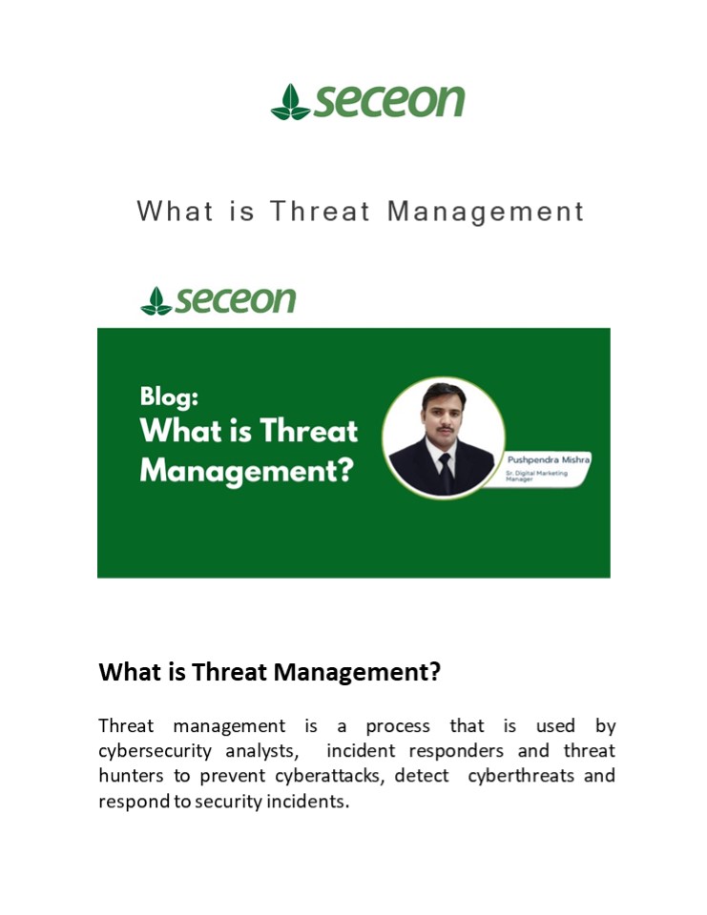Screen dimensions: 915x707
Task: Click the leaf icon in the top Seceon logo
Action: pyautogui.click(x=290, y=102)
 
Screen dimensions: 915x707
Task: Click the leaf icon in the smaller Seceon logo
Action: pyautogui.click(x=156, y=301)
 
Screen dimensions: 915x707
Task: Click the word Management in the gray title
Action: pyautogui.click(x=486, y=211)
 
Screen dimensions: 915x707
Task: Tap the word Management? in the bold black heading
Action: pyautogui.click(x=357, y=672)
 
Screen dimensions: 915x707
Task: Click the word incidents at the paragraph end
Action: pyautogui.click(x=311, y=801)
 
